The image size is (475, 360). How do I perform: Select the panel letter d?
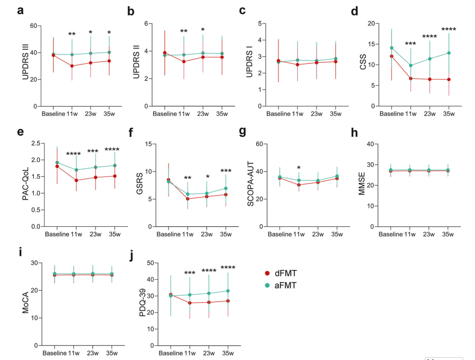pos(354,10)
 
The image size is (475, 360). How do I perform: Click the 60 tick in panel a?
pos(33,25)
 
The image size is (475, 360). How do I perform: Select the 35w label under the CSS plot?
pos(448,114)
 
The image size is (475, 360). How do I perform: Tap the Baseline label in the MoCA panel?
pos(54,353)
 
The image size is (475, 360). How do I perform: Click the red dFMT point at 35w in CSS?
pos(449,79)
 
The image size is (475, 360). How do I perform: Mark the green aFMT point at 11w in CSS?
pos(411,66)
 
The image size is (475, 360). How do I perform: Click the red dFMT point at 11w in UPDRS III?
pos(72,66)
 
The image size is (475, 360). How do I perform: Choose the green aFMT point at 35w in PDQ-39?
pos(227,291)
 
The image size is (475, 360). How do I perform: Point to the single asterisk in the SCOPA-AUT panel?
pos(299,168)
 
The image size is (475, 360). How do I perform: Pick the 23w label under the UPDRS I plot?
pos(317,114)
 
